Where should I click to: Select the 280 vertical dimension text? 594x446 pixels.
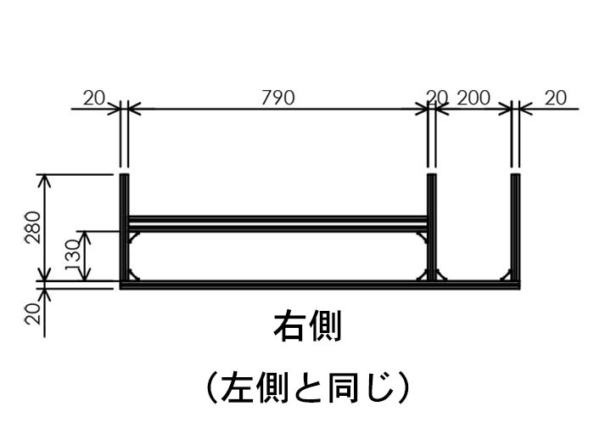31,227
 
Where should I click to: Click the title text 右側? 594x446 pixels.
306,327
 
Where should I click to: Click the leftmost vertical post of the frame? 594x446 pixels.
123,229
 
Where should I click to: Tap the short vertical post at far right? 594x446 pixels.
515,229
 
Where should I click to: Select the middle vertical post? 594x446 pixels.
431,229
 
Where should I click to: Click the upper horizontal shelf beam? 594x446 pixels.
277,219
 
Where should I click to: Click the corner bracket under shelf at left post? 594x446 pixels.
134,234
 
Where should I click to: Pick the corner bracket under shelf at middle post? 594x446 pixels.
421,234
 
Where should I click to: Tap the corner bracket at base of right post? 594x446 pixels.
506,275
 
